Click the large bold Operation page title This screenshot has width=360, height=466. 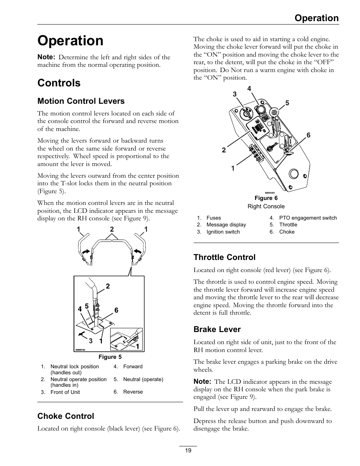click(70, 41)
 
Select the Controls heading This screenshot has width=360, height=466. click(59, 83)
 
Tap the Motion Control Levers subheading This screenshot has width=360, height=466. click(81, 101)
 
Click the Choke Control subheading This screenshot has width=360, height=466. click(66, 416)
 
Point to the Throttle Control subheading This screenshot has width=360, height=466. click(224, 257)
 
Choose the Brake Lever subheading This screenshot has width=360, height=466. click(217, 329)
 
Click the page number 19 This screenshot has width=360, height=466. click(188, 451)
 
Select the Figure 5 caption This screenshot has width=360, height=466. click(110, 357)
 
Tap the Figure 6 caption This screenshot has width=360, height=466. click(266, 198)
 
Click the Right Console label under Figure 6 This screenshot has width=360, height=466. click(266, 206)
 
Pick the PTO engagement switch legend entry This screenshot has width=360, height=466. click(308, 218)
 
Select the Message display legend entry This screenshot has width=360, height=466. click(226, 225)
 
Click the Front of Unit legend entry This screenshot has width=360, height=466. click(65, 392)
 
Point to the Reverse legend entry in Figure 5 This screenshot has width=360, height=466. click(133, 392)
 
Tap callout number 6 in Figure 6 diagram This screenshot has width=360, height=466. click(308, 135)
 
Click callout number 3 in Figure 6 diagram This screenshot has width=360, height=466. click(234, 94)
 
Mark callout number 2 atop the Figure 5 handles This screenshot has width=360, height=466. click(112, 229)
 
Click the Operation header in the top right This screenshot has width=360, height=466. click(317, 18)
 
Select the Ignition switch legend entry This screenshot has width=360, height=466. click(223, 232)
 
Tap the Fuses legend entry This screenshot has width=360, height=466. click(214, 218)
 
